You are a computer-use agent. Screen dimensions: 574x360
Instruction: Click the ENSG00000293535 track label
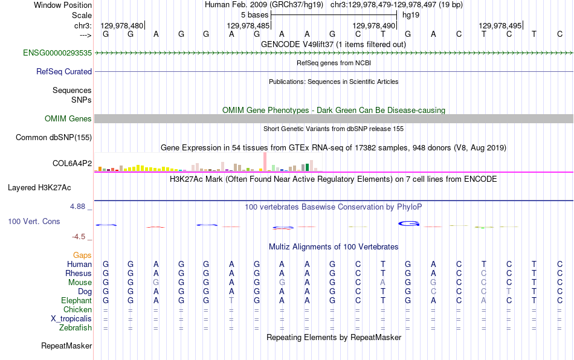coord(57,53)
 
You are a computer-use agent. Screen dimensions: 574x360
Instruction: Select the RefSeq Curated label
coord(64,71)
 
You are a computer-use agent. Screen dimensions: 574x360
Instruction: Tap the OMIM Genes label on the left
coord(68,118)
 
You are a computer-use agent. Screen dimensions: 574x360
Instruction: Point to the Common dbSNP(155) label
coord(54,137)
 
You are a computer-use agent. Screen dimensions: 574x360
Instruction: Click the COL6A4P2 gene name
coord(72,163)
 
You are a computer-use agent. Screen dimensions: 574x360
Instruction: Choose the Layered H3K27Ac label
coord(39,188)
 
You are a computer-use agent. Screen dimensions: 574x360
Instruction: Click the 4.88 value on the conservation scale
coord(77,207)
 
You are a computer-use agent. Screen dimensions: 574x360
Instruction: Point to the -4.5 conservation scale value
coord(79,237)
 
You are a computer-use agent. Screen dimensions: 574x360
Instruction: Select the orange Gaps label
coord(82,255)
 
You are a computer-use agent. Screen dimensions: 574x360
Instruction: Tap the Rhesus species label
coord(79,273)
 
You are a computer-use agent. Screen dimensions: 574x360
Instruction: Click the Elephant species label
coord(77,300)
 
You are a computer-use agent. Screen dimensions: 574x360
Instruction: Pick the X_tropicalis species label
coord(71,319)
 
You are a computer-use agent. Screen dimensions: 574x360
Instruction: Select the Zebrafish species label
coord(76,327)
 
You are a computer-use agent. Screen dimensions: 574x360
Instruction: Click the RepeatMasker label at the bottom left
coord(66,346)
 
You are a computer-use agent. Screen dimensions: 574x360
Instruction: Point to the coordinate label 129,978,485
coord(248,25)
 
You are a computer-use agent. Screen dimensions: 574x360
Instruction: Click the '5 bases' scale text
coord(254,15)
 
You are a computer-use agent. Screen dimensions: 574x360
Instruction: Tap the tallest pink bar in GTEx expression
coord(265,162)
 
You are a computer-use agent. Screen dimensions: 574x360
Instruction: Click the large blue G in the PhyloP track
coord(408,223)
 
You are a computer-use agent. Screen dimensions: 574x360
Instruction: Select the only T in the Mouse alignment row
coord(534,283)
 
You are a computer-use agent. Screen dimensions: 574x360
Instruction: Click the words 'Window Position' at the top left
coord(63,5)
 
